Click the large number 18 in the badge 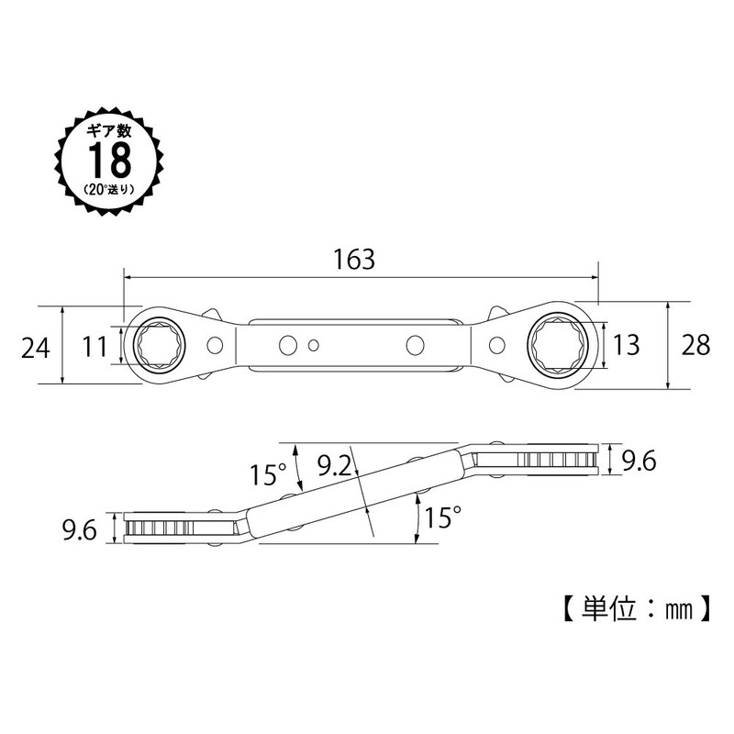click(111, 161)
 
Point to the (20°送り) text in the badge click(111, 190)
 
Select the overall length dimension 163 click(356, 260)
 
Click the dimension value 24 click(33, 346)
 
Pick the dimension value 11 click(95, 346)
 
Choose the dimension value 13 click(626, 346)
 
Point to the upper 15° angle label click(268, 474)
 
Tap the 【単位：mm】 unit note click(633, 606)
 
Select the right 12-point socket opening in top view click(559, 346)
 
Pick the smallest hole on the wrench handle click(314, 346)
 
